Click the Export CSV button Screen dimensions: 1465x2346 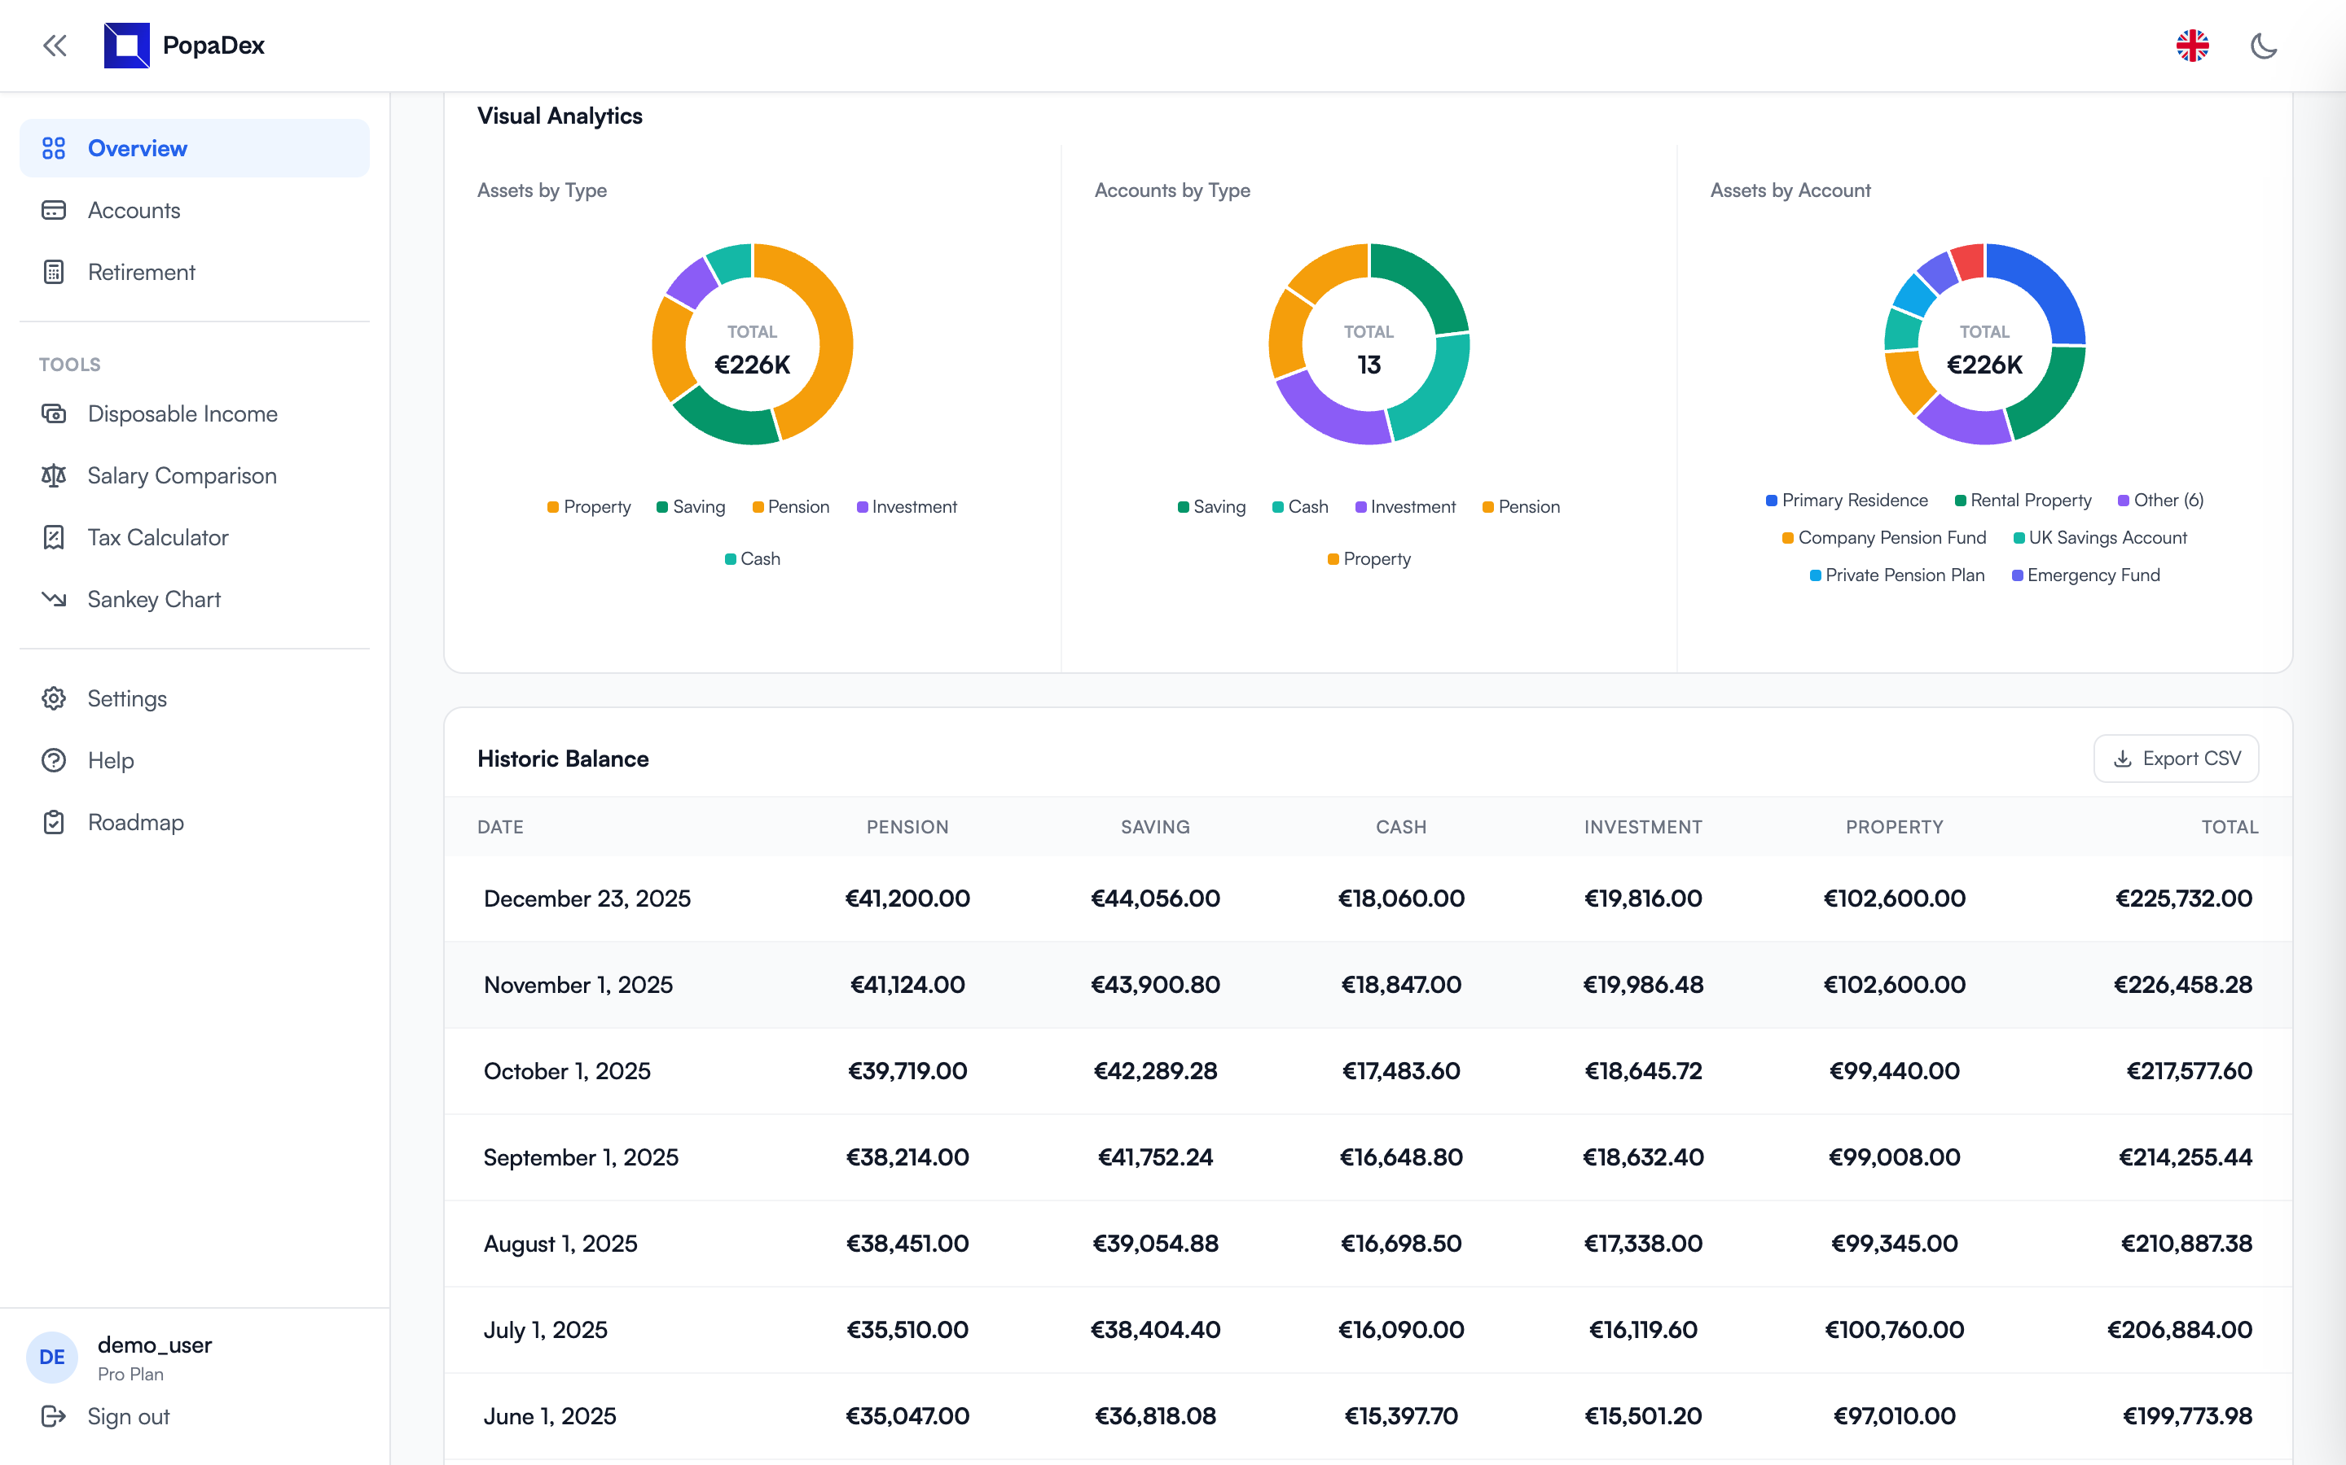2176,759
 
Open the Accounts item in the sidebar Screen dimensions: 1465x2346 134,210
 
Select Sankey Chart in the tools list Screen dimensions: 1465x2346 153,600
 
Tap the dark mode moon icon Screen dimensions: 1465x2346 2263,46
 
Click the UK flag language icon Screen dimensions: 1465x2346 2192,46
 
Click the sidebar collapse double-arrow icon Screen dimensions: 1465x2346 55,46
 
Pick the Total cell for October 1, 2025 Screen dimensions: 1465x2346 2188,1070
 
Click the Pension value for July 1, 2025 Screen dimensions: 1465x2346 907,1329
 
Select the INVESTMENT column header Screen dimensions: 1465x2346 1642,826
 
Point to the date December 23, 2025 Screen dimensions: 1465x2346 586,899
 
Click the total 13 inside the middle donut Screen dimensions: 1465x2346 1368,365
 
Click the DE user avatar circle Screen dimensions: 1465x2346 52,1357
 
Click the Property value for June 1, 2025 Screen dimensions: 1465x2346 1893,1415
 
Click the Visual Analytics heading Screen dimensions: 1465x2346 560,116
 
